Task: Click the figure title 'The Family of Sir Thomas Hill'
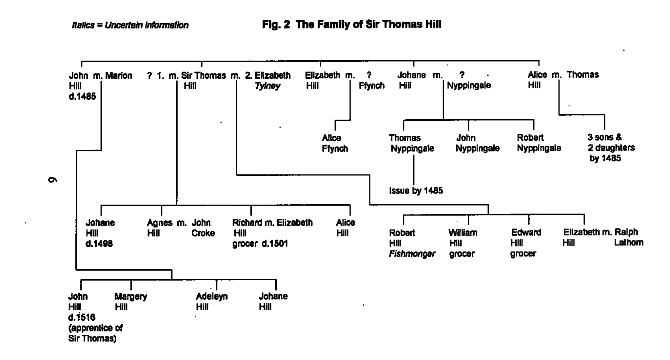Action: pyautogui.click(x=351, y=25)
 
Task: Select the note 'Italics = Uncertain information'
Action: pyautogui.click(x=130, y=25)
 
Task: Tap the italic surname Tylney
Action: pyautogui.click(x=267, y=86)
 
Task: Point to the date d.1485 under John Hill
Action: pyautogui.click(x=82, y=96)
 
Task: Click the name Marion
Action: pyautogui.click(x=118, y=75)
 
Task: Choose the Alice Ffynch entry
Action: pyautogui.click(x=334, y=143)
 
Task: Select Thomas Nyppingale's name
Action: pyautogui.click(x=412, y=143)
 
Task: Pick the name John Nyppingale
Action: pyautogui.click(x=477, y=143)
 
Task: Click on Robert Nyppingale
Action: pyautogui.click(x=539, y=143)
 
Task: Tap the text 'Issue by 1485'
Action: pyautogui.click(x=416, y=190)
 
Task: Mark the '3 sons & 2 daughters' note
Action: pyautogui.click(x=611, y=148)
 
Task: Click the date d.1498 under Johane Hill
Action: pyautogui.click(x=99, y=244)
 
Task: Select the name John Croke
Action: pyautogui.click(x=203, y=228)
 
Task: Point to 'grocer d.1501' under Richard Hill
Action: pyautogui.click(x=260, y=244)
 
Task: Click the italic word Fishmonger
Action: pyautogui.click(x=412, y=254)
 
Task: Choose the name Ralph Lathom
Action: pyautogui.click(x=628, y=237)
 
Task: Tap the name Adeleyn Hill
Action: pyautogui.click(x=211, y=301)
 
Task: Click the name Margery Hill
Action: pyautogui.click(x=130, y=301)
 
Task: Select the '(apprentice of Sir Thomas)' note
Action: pyautogui.click(x=95, y=333)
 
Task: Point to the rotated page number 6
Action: pyautogui.click(x=52, y=180)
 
